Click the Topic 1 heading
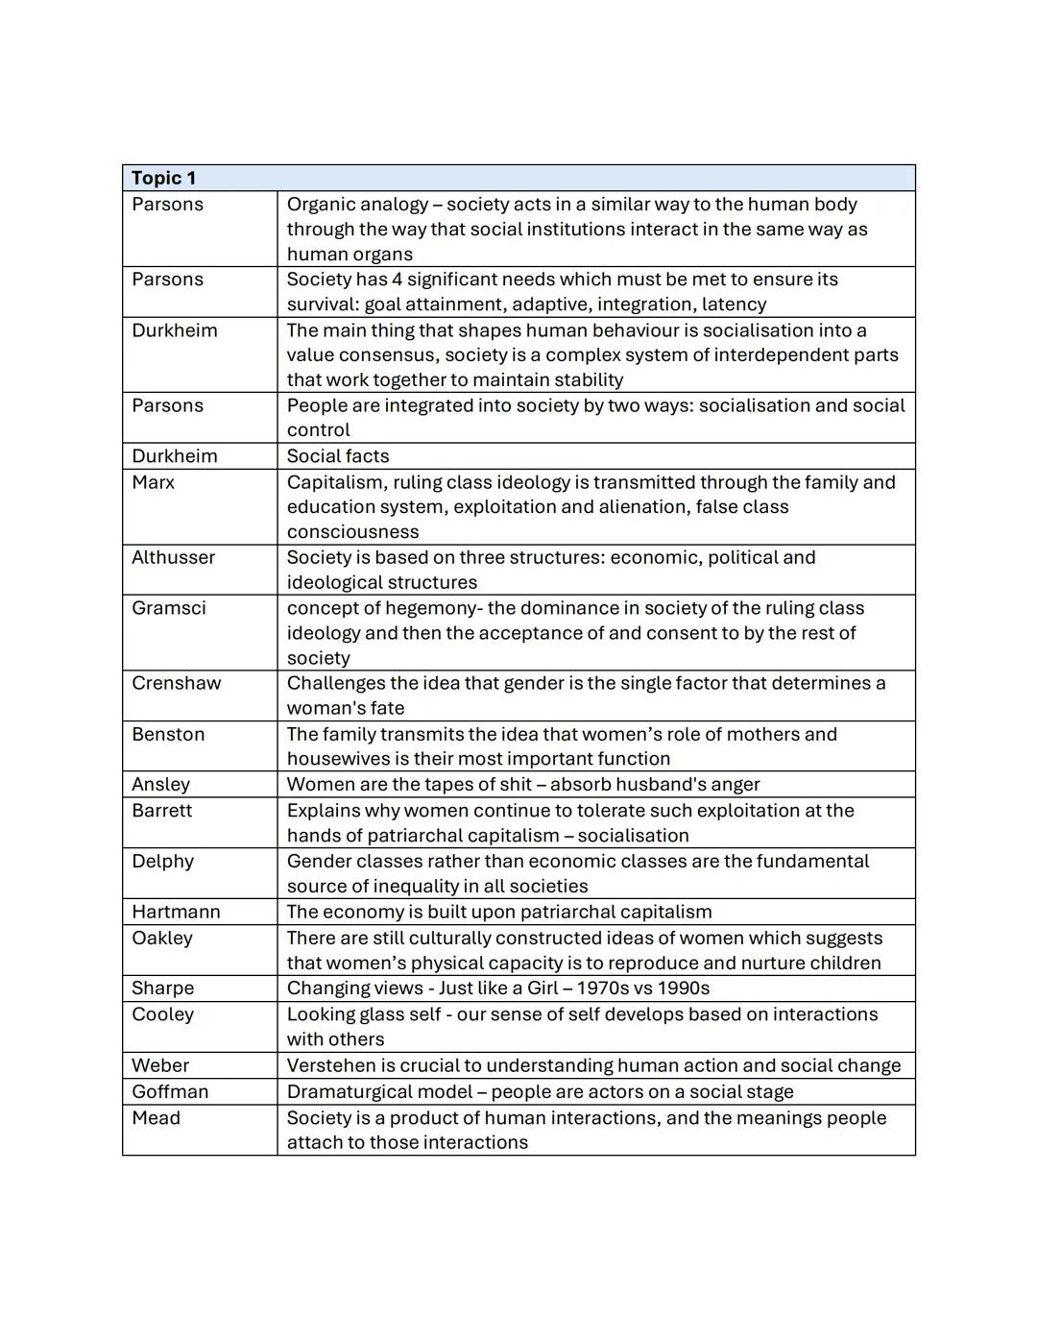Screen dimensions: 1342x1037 point(163,178)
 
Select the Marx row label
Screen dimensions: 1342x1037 point(154,482)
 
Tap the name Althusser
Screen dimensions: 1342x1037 point(174,557)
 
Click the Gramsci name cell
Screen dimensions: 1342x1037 point(169,608)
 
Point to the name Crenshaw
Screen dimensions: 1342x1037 point(177,683)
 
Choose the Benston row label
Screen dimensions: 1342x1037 point(168,734)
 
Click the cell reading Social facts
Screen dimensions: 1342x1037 point(338,456)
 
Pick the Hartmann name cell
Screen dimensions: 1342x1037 point(176,912)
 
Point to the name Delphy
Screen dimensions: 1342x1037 point(162,861)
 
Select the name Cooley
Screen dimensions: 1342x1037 point(162,1014)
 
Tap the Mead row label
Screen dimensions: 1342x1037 point(156,1118)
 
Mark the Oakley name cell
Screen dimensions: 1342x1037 point(161,938)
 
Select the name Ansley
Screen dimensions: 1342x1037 point(160,785)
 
